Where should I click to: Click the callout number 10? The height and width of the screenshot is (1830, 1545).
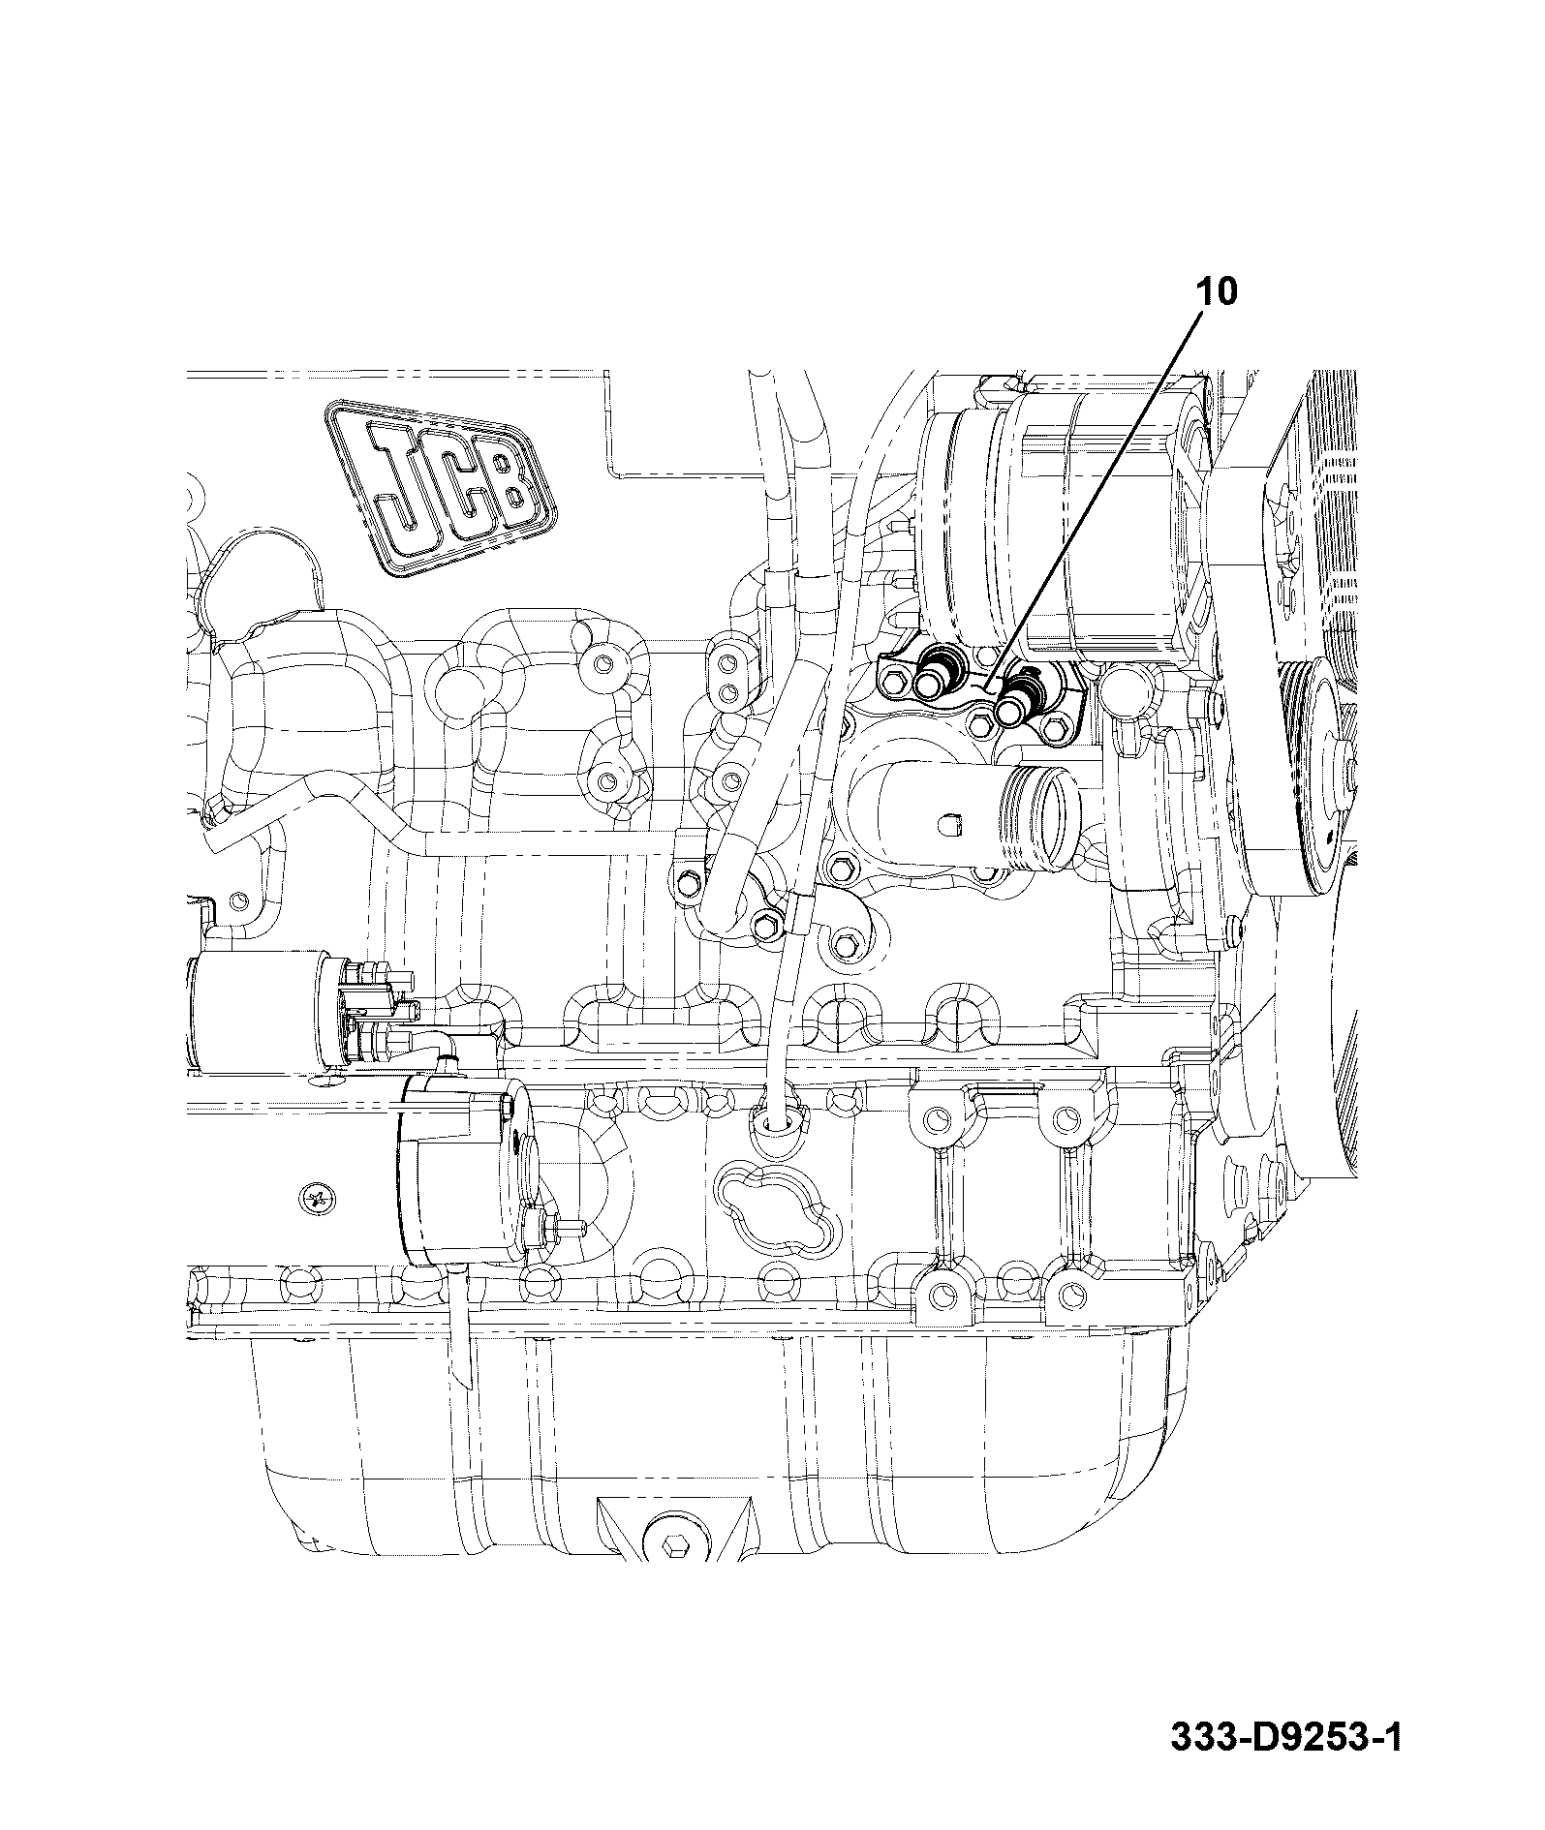(x=1219, y=290)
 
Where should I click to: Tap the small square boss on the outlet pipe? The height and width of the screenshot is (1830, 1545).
(x=950, y=824)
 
